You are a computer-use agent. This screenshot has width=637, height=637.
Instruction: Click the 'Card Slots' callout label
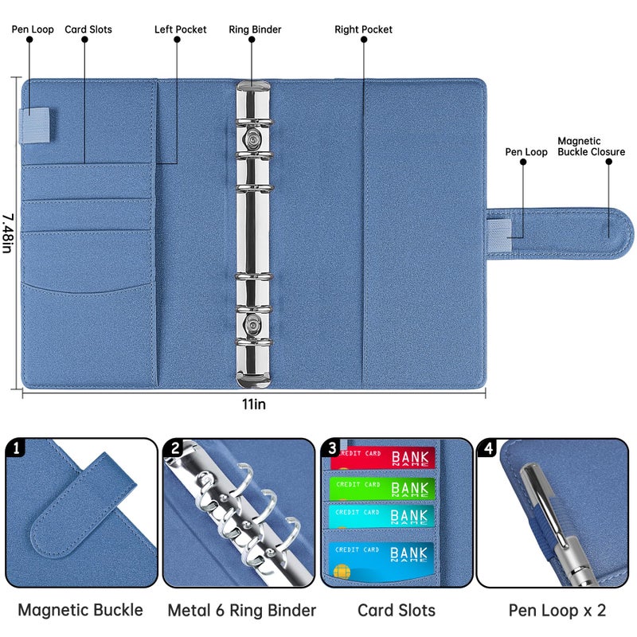coord(88,29)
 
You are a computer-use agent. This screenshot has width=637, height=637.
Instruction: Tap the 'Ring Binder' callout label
coord(255,29)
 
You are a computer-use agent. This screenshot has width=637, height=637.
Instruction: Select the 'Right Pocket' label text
coord(363,29)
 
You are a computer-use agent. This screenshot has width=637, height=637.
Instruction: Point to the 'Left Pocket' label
coord(180,29)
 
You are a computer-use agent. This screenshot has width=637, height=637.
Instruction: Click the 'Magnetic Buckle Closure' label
coord(591,146)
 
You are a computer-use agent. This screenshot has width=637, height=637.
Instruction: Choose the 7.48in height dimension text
coord(7,233)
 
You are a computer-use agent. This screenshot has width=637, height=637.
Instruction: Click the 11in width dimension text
coord(254,404)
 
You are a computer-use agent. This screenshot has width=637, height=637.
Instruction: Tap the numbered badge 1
coord(15,448)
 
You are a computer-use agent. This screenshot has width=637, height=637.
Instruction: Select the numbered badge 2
coord(174,448)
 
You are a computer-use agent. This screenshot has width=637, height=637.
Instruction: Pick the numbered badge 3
coord(332,448)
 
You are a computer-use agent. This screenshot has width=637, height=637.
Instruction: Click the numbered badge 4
coord(487,448)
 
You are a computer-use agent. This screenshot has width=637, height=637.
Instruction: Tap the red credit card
coord(382,458)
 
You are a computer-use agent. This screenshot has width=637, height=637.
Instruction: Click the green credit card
coord(382,487)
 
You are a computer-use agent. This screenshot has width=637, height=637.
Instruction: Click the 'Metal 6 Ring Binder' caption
coord(241,611)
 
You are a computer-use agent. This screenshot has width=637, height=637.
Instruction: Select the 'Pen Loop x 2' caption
coord(557,611)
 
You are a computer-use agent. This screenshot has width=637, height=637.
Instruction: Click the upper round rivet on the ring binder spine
coord(253,139)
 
